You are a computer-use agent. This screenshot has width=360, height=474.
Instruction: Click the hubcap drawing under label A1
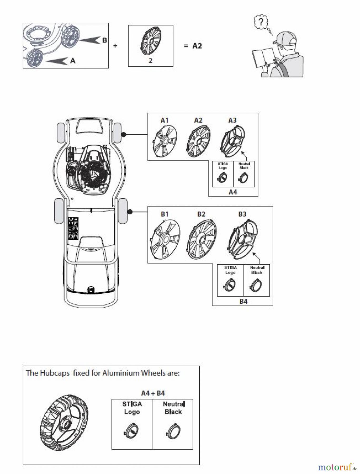[x=165, y=141]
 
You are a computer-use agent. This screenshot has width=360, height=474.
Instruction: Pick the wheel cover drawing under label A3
[x=233, y=140]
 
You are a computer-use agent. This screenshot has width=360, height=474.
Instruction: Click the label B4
[x=243, y=301]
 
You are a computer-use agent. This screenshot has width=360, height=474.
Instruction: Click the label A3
[x=232, y=120]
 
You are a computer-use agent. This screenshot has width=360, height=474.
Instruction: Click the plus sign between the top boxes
[x=115, y=46]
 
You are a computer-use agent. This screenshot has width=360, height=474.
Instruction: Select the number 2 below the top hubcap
[x=150, y=61]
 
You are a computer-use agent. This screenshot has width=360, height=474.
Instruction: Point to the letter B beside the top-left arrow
[x=104, y=40]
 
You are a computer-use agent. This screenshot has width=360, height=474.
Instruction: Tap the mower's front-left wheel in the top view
[x=60, y=133]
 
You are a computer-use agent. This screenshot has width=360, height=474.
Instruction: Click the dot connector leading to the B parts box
[x=130, y=212]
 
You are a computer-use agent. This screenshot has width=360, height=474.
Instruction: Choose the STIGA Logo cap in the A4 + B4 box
[x=131, y=431]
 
